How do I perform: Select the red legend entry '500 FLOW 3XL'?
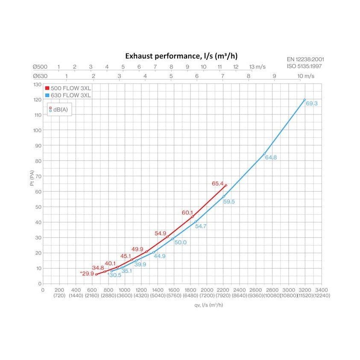[x=68, y=88]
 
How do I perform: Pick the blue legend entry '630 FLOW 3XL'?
[x=68, y=95]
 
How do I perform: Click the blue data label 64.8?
[x=271, y=158]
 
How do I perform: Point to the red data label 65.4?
[x=217, y=184]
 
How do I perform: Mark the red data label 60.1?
[x=187, y=212]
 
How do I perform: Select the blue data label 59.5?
[x=229, y=202]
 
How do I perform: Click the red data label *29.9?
[x=86, y=273]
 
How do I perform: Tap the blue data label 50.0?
[x=180, y=243]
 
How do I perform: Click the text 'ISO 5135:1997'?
[x=305, y=66]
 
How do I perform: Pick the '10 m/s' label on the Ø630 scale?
[x=306, y=76]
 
